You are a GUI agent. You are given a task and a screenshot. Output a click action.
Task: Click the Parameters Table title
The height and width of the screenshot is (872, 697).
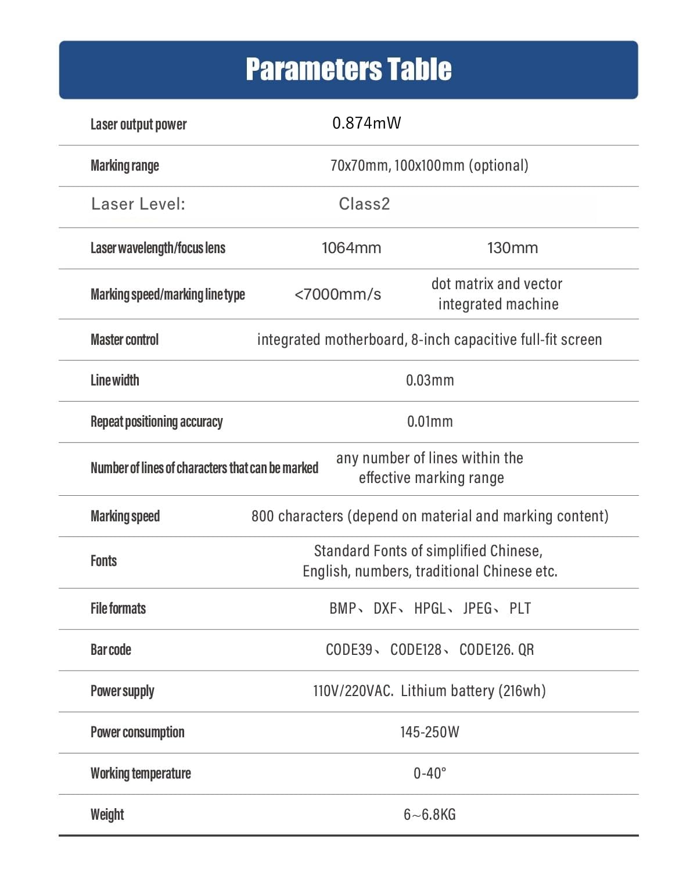348,69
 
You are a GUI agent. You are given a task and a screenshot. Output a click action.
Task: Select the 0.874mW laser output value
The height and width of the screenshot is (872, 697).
367,123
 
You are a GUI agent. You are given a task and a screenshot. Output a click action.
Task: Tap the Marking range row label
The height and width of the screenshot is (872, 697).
124,165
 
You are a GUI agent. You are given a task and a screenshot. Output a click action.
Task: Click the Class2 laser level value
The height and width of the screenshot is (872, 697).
364,204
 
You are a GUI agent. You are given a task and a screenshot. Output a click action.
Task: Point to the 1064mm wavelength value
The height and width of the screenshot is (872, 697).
351,248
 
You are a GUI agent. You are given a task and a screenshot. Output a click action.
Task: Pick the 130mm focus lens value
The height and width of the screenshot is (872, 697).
512,248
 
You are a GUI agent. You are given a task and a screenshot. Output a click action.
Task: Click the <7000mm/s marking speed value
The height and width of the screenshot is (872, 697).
337,294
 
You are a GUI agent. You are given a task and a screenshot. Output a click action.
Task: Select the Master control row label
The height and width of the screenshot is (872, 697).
124,340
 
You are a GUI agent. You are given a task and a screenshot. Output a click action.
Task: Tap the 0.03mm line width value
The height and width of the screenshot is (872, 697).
430,380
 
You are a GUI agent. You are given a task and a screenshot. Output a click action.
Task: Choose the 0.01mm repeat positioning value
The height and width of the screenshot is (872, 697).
430,421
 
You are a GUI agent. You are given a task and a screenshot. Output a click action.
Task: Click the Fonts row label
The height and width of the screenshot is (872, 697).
103,561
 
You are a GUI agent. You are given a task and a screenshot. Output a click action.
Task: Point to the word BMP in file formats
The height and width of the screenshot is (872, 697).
343,608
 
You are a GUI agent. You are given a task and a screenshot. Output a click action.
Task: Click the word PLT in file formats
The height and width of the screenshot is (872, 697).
520,608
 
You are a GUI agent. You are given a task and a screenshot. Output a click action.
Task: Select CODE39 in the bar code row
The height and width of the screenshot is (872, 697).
349,650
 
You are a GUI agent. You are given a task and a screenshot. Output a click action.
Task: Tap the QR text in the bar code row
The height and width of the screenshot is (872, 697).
526,650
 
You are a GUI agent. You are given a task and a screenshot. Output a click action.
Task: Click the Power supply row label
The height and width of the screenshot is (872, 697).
122,691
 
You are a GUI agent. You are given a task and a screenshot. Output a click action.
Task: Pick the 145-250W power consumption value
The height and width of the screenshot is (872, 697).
430,732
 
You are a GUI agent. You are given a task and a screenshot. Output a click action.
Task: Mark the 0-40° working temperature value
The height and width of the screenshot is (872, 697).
430,773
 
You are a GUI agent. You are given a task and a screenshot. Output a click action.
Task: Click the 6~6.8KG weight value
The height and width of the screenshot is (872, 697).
430,815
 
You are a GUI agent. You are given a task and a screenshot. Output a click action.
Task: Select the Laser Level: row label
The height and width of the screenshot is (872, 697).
138,204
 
